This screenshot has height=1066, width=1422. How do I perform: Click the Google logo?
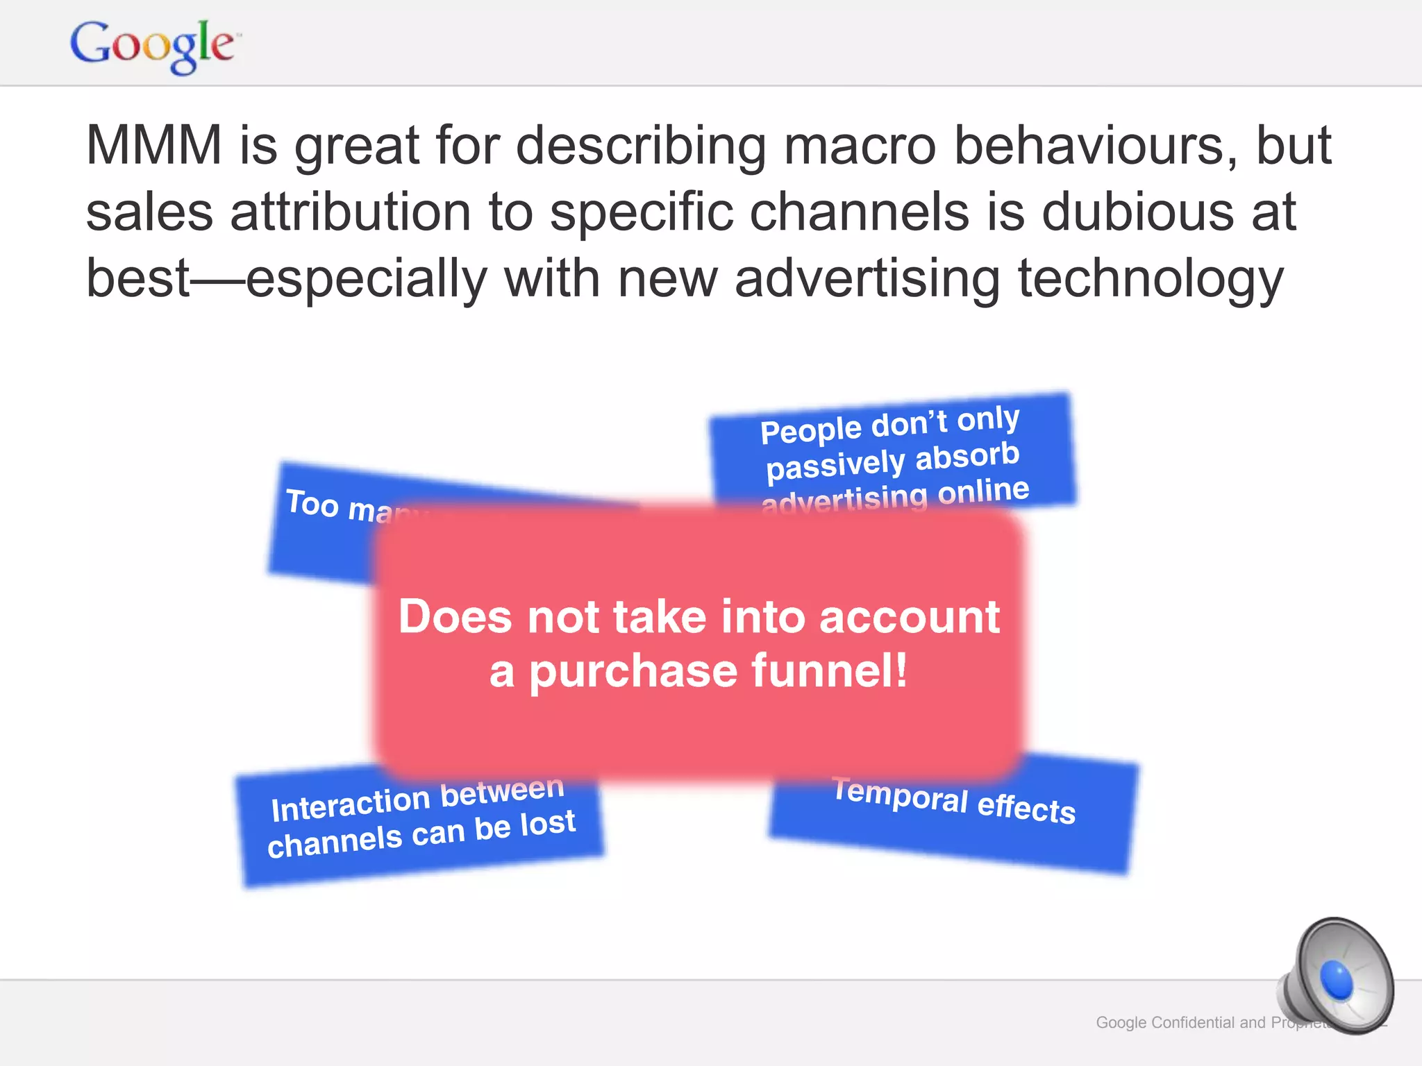coord(153,45)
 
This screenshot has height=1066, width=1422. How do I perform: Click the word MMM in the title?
coord(153,146)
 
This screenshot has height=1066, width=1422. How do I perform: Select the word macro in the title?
coord(860,146)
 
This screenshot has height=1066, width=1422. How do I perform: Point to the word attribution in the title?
coord(351,212)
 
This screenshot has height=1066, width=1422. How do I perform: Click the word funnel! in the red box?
coord(829,670)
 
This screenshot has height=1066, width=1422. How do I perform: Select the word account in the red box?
coord(910,616)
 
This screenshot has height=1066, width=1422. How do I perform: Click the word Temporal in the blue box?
coord(900,795)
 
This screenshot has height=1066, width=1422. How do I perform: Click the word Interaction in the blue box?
coord(351,805)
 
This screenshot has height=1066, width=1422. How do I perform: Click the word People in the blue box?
coord(810,430)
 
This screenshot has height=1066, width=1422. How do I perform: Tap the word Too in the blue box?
coord(312,502)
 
